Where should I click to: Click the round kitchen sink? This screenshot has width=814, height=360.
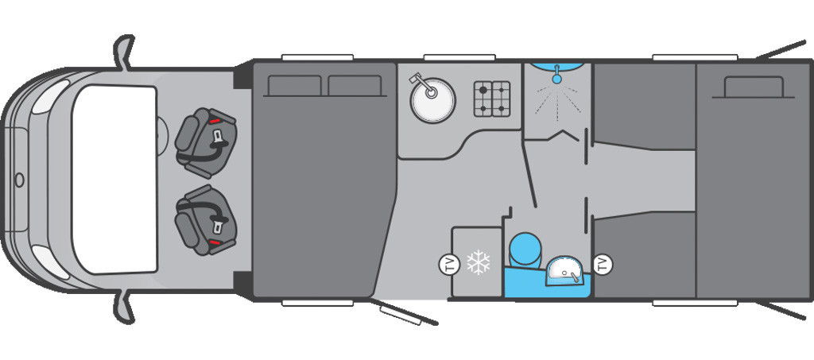(x=432, y=100)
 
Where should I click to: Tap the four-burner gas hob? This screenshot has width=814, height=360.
(x=491, y=99)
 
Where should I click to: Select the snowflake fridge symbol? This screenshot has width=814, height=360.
(x=478, y=262)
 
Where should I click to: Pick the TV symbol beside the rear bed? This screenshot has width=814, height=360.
(x=603, y=264)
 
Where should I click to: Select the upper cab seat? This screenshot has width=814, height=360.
(x=206, y=137)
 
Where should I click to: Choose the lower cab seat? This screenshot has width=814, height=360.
(x=206, y=220)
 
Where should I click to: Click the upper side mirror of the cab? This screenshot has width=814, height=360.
(x=123, y=52)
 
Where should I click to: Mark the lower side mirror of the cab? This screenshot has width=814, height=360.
(x=123, y=307)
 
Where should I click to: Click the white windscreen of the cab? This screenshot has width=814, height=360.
(x=114, y=180)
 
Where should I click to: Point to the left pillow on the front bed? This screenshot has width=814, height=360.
(x=294, y=86)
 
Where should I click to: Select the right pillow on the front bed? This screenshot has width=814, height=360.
(x=355, y=86)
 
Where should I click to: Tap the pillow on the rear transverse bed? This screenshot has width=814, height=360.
(x=754, y=87)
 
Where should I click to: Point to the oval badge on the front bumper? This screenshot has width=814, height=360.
(x=19, y=180)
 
